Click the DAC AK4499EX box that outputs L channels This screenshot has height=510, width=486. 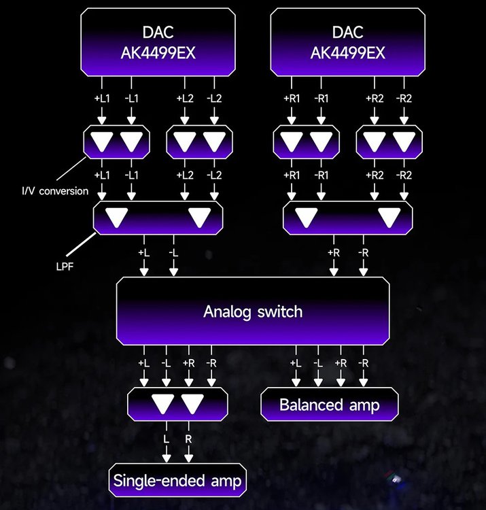(x=159, y=42)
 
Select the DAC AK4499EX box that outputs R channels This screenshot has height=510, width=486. (x=348, y=42)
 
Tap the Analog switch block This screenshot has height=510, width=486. (x=253, y=312)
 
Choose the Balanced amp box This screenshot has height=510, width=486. (x=329, y=405)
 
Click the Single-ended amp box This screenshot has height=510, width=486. (x=178, y=482)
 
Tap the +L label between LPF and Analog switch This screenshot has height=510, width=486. (x=143, y=252)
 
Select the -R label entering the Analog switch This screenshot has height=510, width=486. (x=364, y=252)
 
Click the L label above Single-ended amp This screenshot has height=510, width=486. (x=166, y=439)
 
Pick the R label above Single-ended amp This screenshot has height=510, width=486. (x=189, y=439)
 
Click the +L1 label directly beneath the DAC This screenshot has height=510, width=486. (x=101, y=99)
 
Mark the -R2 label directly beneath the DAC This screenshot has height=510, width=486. (x=404, y=99)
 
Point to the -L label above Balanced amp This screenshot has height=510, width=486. (x=317, y=364)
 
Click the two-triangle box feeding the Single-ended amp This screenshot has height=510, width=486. (x=177, y=404)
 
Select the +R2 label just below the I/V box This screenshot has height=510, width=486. (x=374, y=175)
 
